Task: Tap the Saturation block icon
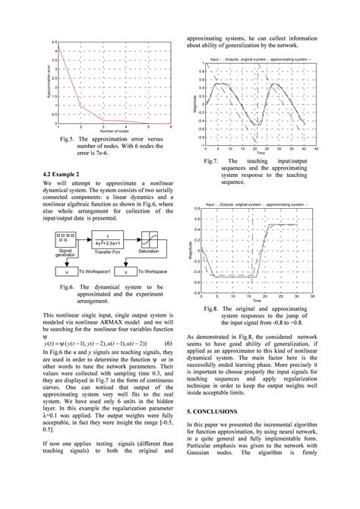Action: (153, 242)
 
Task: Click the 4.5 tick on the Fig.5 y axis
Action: (55, 42)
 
